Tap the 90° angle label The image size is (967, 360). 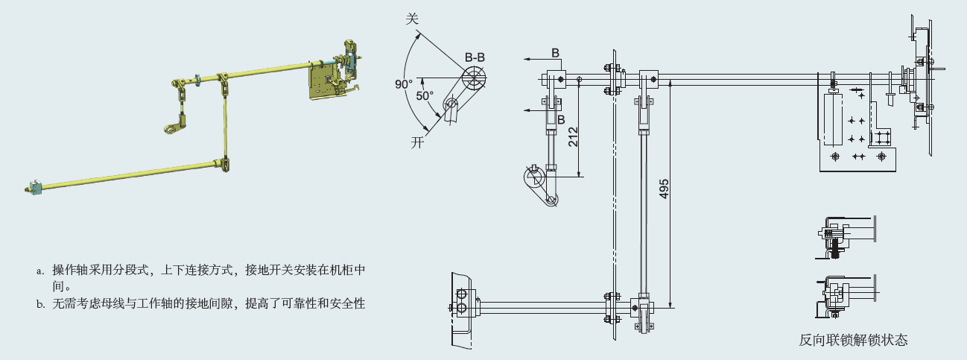click(x=403, y=85)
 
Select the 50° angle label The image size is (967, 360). click(x=425, y=95)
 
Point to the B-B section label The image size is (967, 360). click(x=475, y=57)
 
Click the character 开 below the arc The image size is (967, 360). click(x=418, y=143)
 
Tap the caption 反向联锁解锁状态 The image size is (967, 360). click(x=853, y=340)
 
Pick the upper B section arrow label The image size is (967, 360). click(x=556, y=52)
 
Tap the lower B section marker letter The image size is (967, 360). click(x=560, y=119)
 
